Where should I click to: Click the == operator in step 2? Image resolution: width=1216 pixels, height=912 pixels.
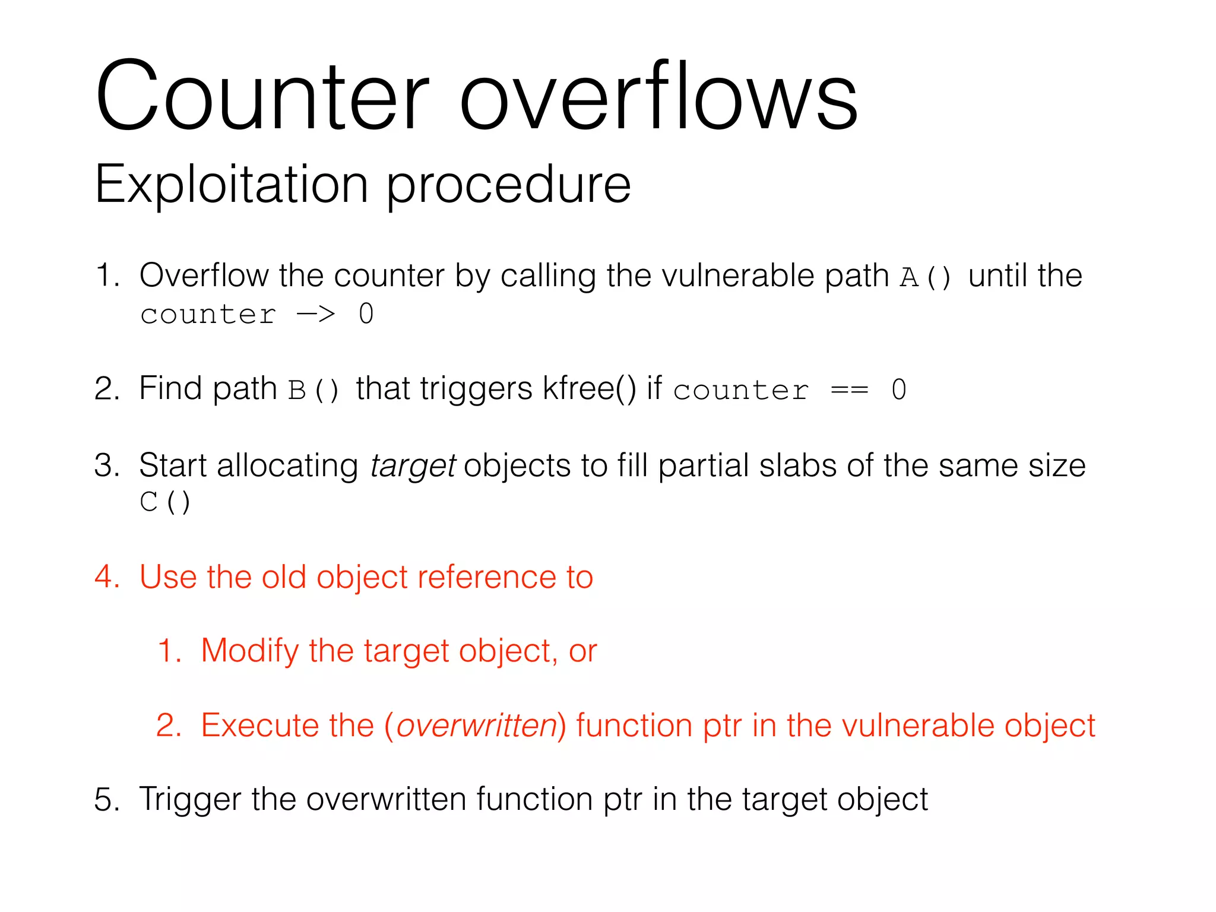click(x=849, y=390)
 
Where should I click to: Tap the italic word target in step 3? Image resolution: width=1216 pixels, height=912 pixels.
click(x=413, y=466)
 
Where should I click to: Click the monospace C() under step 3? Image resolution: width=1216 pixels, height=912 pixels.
click(x=165, y=502)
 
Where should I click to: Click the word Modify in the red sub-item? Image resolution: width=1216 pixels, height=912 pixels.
click(x=249, y=651)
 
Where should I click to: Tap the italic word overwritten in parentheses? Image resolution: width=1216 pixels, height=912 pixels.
click(x=476, y=726)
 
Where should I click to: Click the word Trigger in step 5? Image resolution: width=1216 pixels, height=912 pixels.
click(x=190, y=800)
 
